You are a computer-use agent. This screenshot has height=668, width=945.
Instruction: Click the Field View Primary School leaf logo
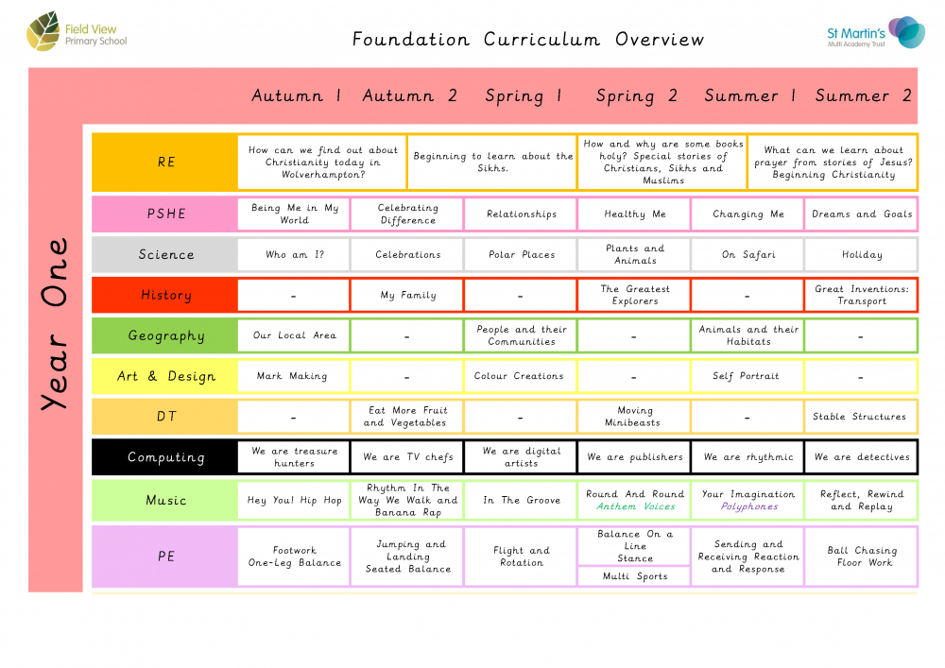click(x=43, y=35)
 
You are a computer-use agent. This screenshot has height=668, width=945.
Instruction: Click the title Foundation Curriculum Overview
click(x=528, y=40)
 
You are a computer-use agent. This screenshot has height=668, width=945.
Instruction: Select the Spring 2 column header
click(x=636, y=95)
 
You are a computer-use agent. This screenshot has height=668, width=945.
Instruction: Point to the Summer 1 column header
click(x=749, y=95)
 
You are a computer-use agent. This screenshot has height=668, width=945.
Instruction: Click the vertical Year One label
click(x=55, y=324)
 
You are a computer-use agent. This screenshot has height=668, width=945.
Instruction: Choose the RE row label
click(x=166, y=162)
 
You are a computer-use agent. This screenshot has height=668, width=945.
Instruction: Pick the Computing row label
click(x=166, y=457)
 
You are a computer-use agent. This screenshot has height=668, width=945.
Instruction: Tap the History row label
click(x=166, y=295)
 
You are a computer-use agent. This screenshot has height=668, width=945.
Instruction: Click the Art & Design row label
click(x=166, y=376)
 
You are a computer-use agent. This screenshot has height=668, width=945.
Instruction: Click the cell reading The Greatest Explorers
click(x=635, y=295)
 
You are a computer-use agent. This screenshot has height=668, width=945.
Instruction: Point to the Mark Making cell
click(x=294, y=376)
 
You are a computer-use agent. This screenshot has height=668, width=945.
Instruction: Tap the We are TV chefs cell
click(x=408, y=457)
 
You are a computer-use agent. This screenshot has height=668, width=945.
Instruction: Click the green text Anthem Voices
click(x=635, y=506)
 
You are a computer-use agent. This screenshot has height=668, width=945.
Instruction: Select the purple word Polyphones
click(x=748, y=506)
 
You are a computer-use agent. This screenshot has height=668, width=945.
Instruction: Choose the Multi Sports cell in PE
click(x=635, y=575)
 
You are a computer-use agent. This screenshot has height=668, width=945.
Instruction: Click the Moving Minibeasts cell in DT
click(x=635, y=417)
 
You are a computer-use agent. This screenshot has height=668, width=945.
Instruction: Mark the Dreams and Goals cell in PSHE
click(x=862, y=214)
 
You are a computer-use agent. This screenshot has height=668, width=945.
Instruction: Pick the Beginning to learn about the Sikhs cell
click(x=492, y=163)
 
